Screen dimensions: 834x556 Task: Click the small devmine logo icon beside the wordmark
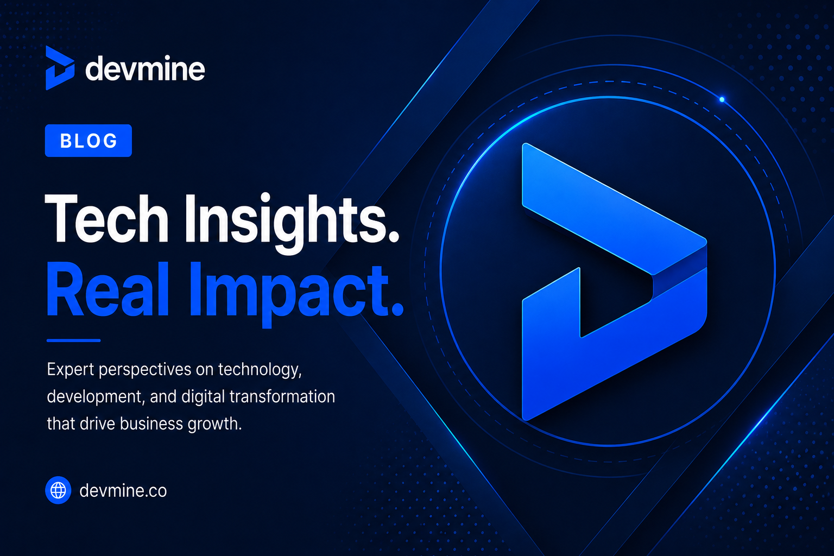pyautogui.click(x=60, y=68)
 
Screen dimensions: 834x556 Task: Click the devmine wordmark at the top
pyautogui.click(x=145, y=68)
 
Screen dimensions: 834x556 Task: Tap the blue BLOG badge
pyautogui.click(x=89, y=141)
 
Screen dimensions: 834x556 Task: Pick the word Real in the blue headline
pyautogui.click(x=108, y=289)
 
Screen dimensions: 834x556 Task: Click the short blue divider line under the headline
pyautogui.click(x=73, y=340)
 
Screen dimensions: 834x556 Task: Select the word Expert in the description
pyautogui.click(x=71, y=370)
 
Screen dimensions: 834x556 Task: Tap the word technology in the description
pyautogui.click(x=260, y=370)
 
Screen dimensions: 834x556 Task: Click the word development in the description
pyautogui.click(x=96, y=397)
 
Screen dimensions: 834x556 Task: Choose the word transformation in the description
pyautogui.click(x=282, y=396)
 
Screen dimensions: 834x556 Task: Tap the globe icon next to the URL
pyautogui.click(x=58, y=490)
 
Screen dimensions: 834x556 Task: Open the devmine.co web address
pyautogui.click(x=123, y=490)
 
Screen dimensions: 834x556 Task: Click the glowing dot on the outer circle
pyautogui.click(x=722, y=99)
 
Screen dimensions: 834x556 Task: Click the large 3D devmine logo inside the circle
pyautogui.click(x=614, y=282)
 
